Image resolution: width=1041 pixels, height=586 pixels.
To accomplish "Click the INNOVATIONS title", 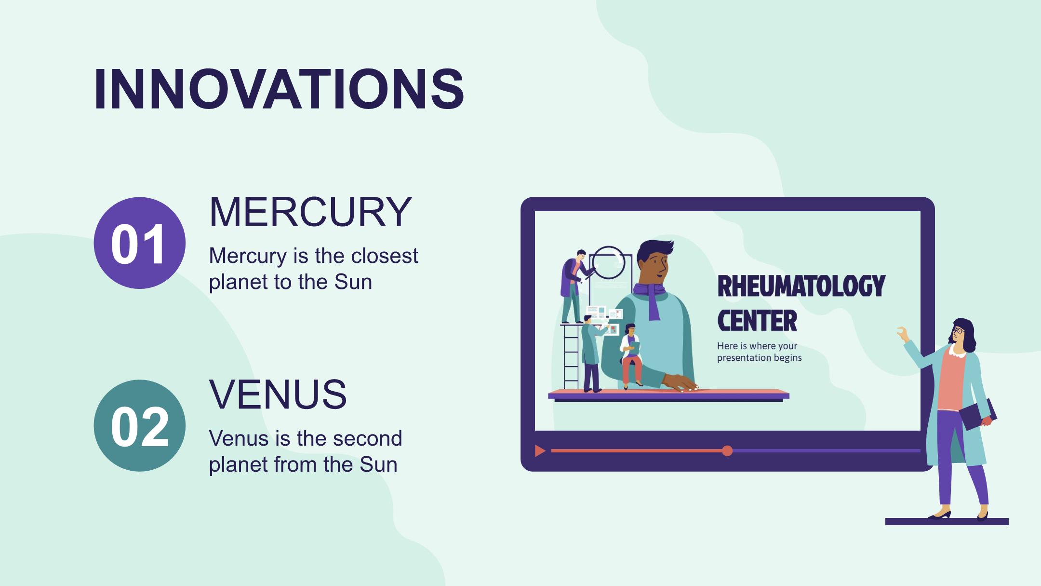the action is coord(279,90).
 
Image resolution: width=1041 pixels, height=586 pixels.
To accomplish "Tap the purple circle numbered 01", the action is coord(139,243).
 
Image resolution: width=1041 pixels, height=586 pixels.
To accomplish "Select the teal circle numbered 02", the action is coord(139,425).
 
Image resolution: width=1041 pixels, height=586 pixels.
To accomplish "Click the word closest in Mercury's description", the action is coord(384,256).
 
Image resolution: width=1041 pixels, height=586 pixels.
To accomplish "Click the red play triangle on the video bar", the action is coord(540,451).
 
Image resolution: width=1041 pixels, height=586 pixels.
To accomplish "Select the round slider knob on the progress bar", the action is coord(727,451).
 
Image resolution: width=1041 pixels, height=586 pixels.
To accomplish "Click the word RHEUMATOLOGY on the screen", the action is coord(801,286).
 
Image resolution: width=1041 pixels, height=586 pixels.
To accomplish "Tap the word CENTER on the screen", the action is coord(757,321).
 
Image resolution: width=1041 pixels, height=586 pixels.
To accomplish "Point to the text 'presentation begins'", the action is coord(759,358).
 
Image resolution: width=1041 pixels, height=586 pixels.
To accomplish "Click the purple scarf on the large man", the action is coord(650,299).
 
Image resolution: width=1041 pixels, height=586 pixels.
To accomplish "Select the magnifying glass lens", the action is coord(608,263).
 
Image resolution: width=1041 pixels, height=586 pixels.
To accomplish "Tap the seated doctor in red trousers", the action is coord(631,356).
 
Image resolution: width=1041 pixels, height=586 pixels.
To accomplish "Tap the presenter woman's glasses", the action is coord(958,330).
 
